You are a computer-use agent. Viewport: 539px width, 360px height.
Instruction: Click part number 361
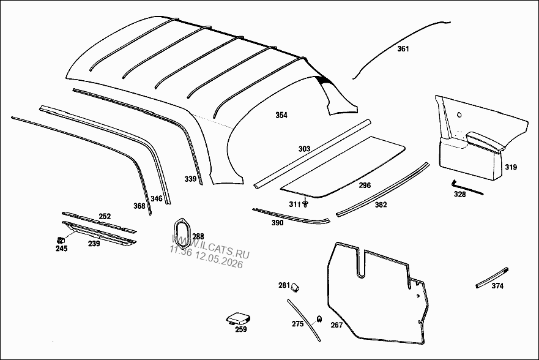[403, 49]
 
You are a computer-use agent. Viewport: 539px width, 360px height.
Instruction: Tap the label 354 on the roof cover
[281, 115]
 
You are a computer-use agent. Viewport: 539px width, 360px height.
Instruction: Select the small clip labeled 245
[60, 239]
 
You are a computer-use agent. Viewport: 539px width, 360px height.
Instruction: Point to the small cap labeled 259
[238, 318]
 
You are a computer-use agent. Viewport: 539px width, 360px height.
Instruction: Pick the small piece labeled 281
[295, 287]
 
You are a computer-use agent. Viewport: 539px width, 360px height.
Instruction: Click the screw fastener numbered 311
[305, 204]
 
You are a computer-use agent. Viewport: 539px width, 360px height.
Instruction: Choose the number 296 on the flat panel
[365, 186]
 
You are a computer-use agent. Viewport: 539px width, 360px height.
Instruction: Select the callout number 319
[511, 168]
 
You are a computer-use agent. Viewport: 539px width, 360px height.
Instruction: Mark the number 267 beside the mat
[336, 325]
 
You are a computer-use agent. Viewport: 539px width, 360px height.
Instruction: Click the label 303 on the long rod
[304, 149]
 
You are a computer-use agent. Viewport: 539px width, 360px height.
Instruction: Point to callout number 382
[381, 205]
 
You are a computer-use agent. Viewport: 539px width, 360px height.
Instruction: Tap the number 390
[277, 223]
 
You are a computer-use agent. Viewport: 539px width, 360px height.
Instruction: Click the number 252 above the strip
[105, 216]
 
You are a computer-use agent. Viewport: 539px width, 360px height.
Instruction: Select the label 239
[94, 244]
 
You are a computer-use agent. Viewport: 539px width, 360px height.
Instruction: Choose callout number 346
[157, 199]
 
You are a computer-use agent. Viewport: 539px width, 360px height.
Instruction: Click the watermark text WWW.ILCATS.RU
[210, 246]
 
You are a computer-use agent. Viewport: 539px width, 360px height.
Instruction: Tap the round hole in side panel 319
[459, 115]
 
